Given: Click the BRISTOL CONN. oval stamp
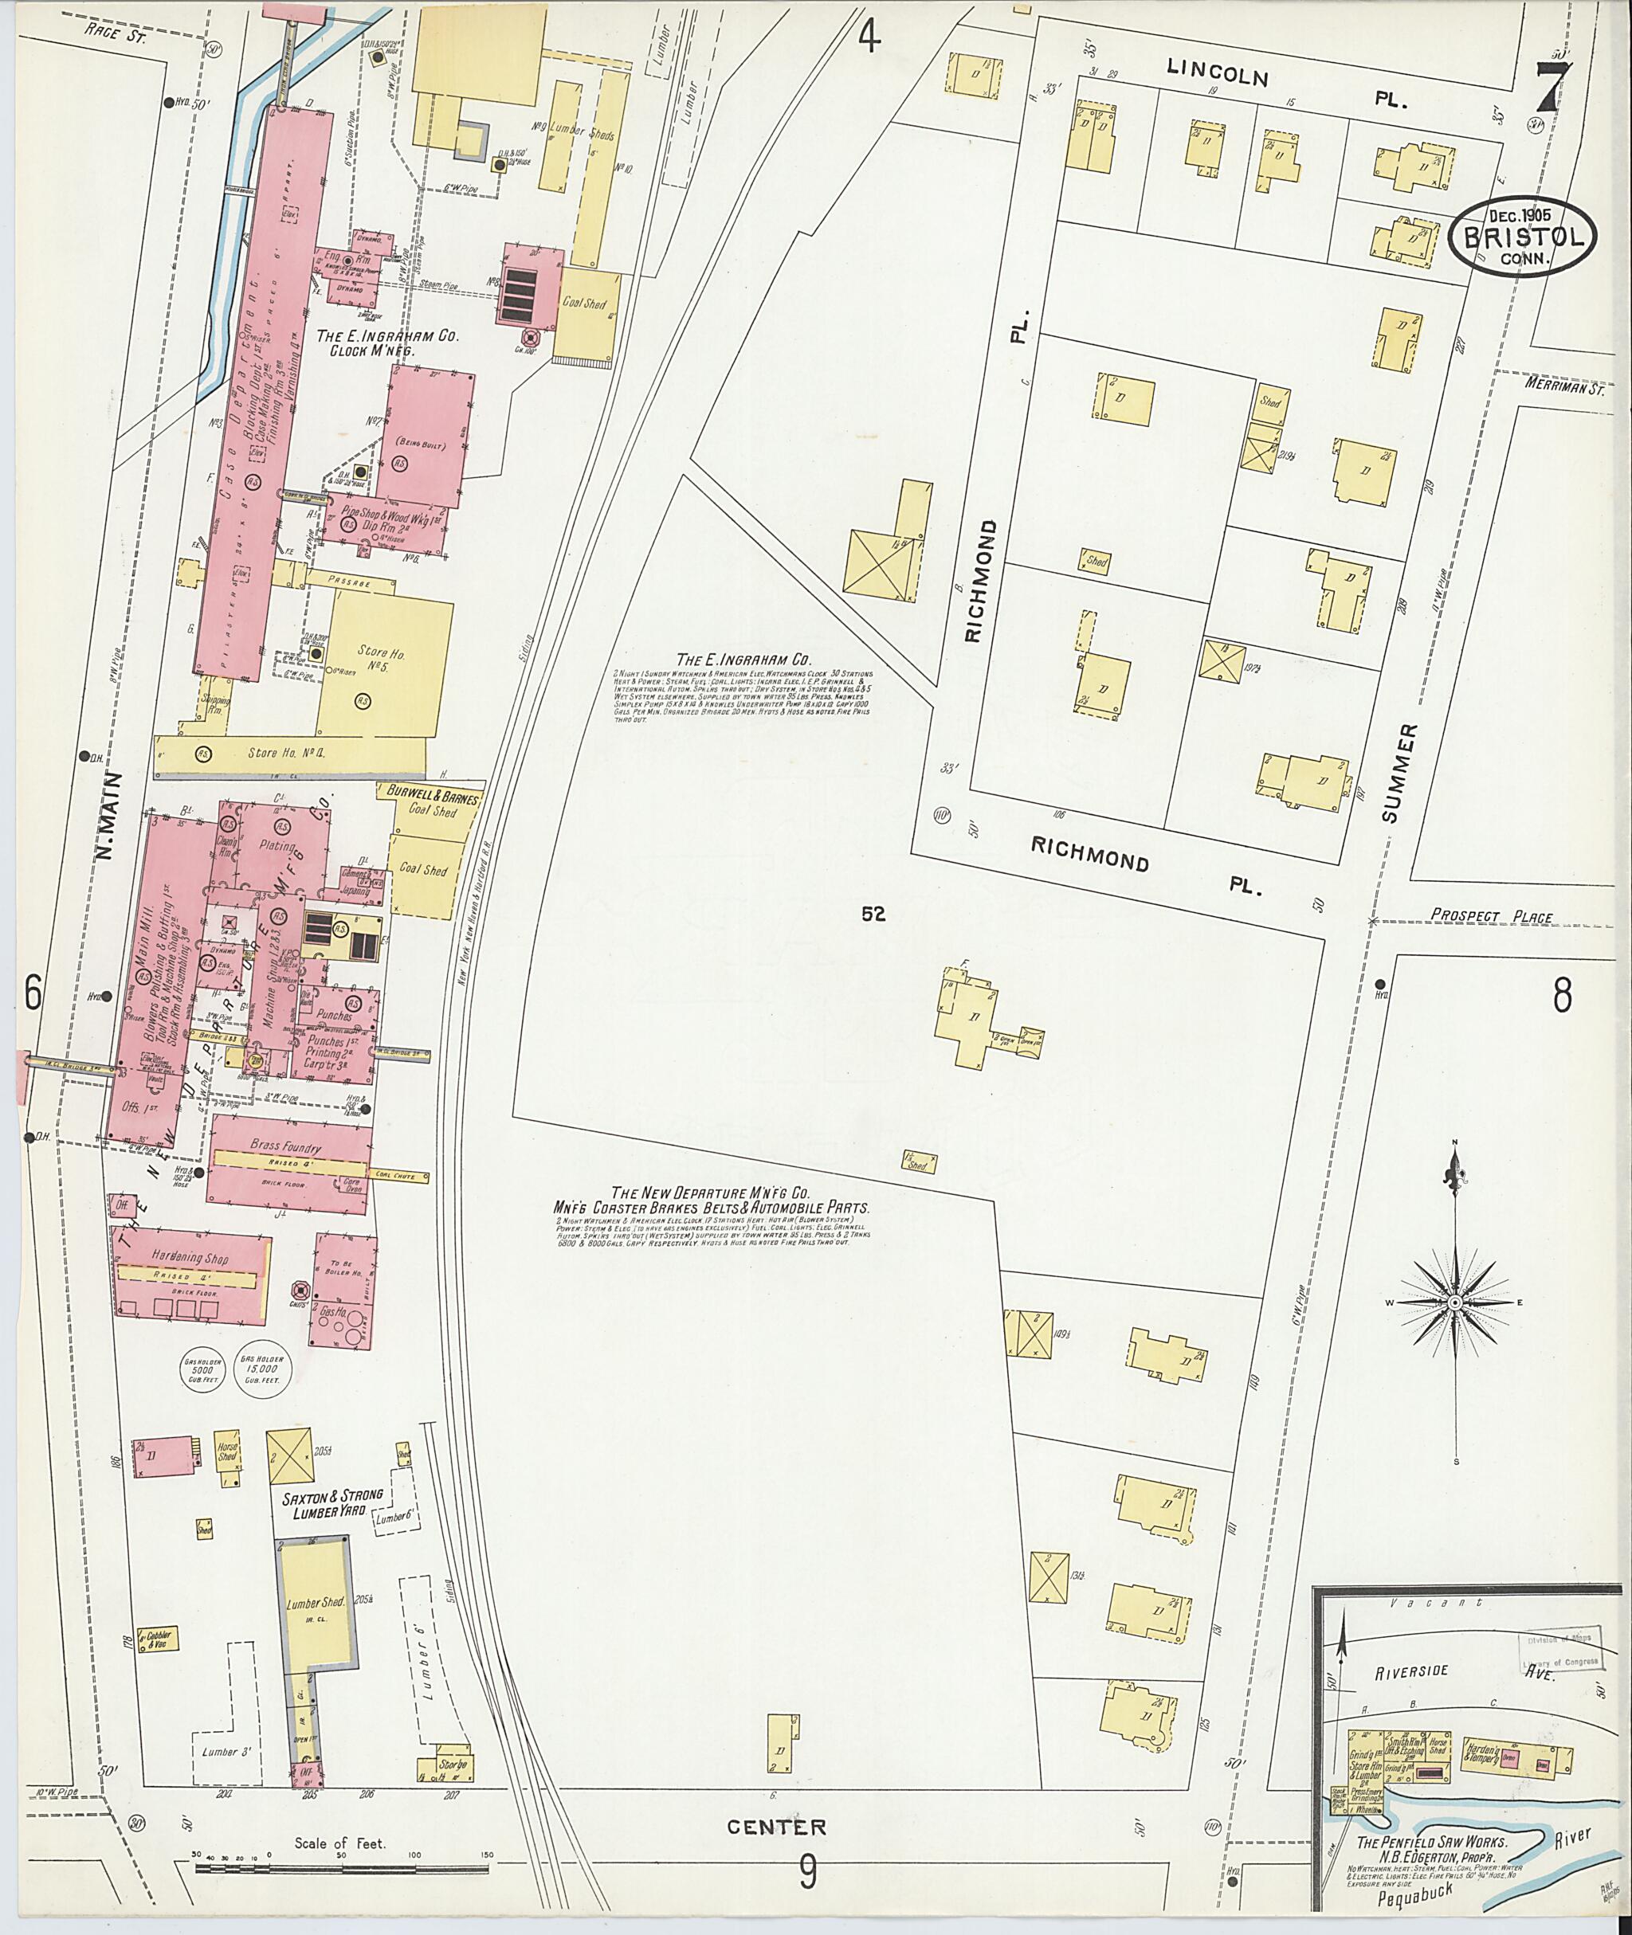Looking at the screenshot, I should click(x=1522, y=236).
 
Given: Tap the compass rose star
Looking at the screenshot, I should click(x=1454, y=1303).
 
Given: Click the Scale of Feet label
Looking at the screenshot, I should click(x=339, y=1842).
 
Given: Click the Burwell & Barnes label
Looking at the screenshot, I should click(x=427, y=794).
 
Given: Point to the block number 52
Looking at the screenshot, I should click(x=873, y=914).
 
